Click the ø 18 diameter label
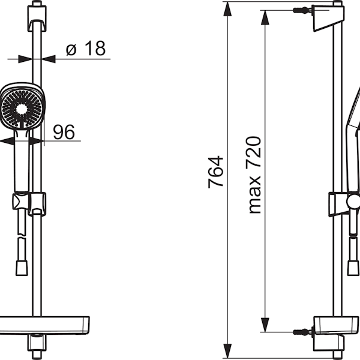[x=86, y=49]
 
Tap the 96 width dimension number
[x=64, y=132]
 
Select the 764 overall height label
[x=215, y=172]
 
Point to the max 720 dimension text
[x=255, y=175]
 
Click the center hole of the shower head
[x=22, y=109]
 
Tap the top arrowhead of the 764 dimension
[x=227, y=9]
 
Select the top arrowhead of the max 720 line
[x=265, y=17]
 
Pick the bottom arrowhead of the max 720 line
[x=265, y=325]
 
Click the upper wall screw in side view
[x=303, y=10]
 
